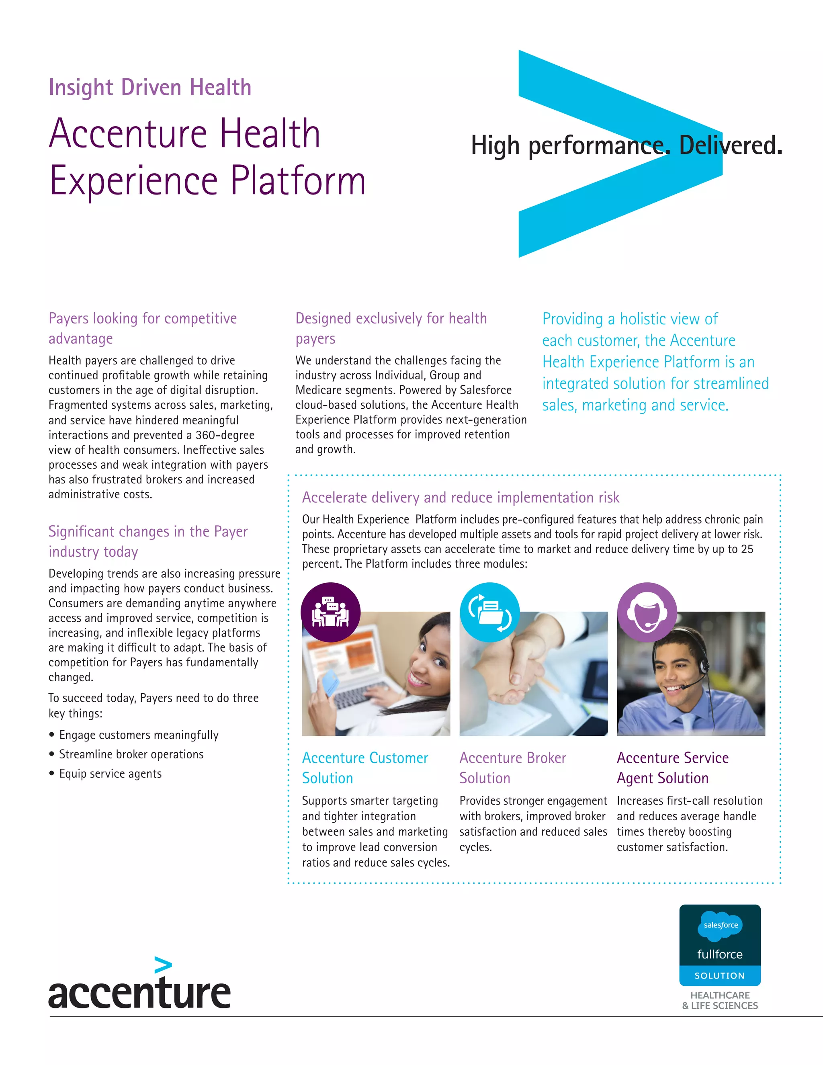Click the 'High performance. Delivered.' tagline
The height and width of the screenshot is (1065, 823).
coord(626,145)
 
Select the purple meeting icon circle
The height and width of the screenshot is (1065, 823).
coord(331,612)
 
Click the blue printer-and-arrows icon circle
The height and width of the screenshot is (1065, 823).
coord(489,612)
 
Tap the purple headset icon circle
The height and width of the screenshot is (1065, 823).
coord(647,612)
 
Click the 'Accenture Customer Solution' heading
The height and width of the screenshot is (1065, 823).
coord(365,768)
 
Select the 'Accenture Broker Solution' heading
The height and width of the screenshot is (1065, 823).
coord(512,768)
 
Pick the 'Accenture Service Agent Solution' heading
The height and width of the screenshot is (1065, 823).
coord(672,768)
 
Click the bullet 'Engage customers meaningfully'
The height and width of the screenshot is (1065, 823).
coord(139,735)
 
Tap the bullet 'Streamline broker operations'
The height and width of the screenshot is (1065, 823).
coord(131,754)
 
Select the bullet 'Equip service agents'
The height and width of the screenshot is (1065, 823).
coord(110,774)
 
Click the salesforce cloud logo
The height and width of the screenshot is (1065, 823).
coord(720,925)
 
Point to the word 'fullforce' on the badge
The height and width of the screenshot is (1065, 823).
coord(720,954)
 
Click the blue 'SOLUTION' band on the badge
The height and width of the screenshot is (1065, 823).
coord(720,976)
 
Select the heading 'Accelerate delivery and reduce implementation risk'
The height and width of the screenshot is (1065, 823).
coord(460,498)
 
